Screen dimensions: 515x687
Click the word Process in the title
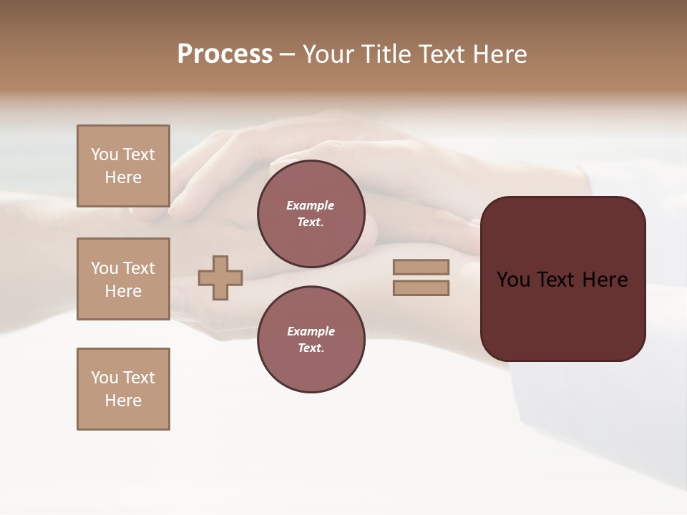coord(225,54)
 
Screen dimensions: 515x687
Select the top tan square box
coord(123,166)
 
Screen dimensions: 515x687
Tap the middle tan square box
coord(123,279)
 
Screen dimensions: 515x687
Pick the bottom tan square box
coord(123,389)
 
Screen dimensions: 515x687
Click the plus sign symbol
coord(220,278)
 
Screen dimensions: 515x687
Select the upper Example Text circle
coord(311,213)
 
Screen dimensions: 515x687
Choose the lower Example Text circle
coord(311,339)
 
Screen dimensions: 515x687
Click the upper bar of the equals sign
coord(421,268)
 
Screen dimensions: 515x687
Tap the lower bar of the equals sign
coord(421,288)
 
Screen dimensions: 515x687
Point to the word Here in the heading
coord(500,54)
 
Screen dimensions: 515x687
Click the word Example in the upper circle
coord(311,205)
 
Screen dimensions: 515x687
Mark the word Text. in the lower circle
coord(311,348)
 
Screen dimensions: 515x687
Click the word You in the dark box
coord(514,280)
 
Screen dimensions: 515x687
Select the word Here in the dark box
coord(605,280)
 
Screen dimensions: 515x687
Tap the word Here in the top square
coord(123,177)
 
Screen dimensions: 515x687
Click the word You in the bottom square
coord(104,378)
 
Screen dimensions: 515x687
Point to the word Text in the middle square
coord(139,268)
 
